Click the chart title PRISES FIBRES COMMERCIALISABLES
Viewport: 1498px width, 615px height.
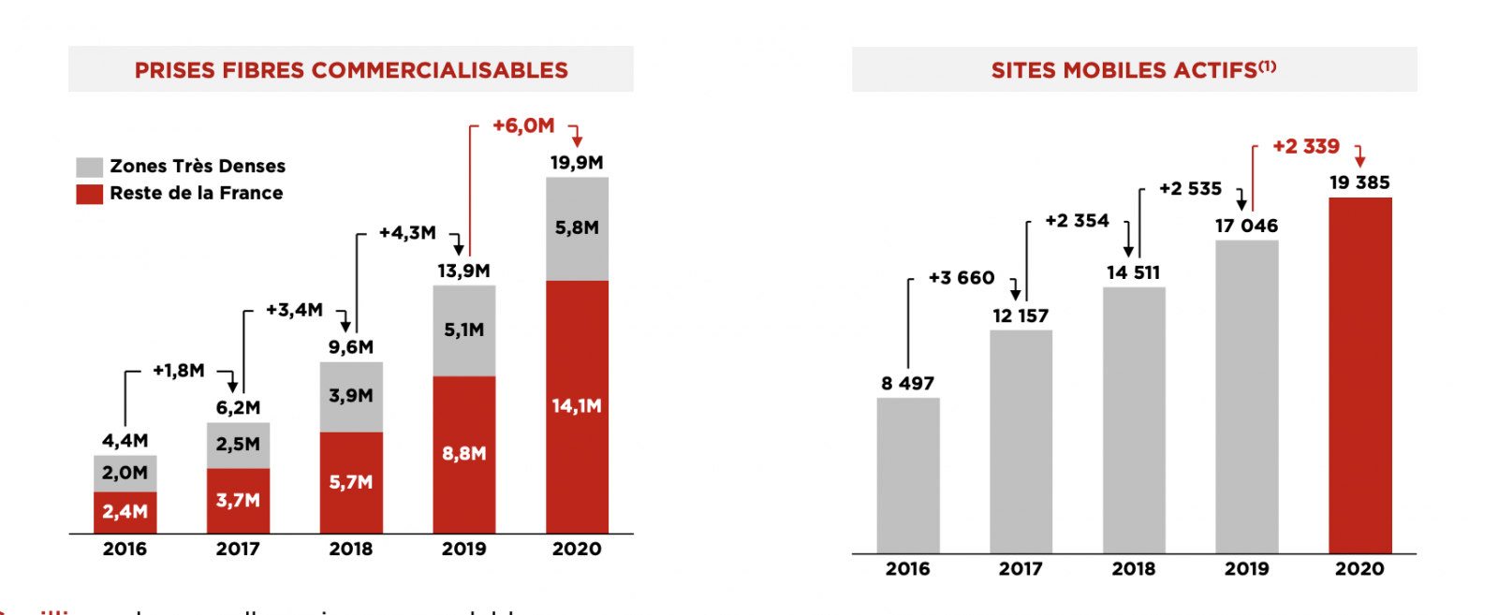point(351,70)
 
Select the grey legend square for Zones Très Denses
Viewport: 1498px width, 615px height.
point(90,168)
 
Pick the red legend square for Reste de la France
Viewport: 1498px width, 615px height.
point(90,194)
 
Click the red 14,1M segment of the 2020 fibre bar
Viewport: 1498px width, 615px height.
point(577,406)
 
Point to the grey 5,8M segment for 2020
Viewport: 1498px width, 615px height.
point(577,228)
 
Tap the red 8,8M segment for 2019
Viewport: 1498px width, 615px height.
point(464,454)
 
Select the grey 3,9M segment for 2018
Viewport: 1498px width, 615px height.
point(351,396)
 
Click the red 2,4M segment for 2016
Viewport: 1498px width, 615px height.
point(125,512)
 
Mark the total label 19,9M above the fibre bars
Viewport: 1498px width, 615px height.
point(577,163)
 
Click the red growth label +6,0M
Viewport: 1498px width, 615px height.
point(523,125)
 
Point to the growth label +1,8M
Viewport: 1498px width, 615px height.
point(179,371)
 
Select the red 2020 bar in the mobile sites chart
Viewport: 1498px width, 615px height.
point(1359,374)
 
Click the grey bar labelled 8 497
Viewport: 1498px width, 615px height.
point(908,475)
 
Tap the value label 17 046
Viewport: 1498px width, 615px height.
point(1246,226)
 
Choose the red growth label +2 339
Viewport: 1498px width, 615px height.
point(1306,147)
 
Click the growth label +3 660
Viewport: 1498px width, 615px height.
point(962,278)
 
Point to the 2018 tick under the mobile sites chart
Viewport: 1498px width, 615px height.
point(1133,569)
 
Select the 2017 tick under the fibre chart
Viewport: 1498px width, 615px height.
point(238,549)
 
